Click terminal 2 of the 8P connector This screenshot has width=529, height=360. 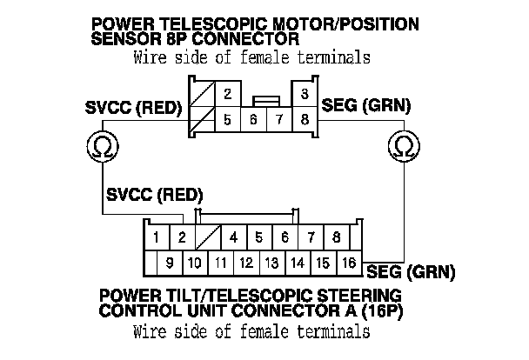point(226,94)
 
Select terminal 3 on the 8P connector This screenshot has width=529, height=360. point(304,94)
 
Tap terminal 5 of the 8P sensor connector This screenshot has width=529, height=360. point(226,121)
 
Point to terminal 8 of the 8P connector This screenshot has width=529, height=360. point(304,121)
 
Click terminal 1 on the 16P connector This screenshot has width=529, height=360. point(155,237)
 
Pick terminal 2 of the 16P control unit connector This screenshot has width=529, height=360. point(182,237)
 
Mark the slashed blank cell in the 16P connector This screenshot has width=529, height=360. point(208,237)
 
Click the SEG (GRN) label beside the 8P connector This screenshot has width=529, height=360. point(365,107)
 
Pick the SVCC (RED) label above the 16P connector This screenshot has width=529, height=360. point(153,193)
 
